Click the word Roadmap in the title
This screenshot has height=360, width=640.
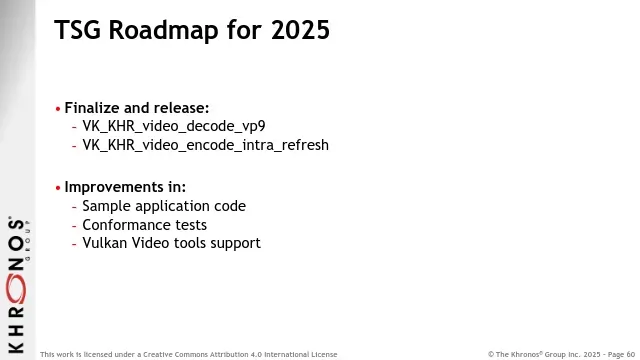[x=164, y=30]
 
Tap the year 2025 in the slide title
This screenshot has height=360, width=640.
[x=300, y=30]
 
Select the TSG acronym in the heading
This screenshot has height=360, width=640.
[x=78, y=30]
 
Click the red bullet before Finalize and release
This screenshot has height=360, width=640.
[x=58, y=109]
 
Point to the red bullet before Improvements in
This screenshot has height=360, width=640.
[x=58, y=188]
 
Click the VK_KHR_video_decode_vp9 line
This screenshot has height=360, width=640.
[x=174, y=127]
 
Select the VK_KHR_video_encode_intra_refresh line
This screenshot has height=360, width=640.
[x=206, y=145]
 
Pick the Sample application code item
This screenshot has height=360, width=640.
[x=164, y=207]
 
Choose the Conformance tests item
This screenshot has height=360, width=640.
[x=144, y=225]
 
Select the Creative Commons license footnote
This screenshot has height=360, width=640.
[x=189, y=354]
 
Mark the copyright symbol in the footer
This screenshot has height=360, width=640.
[x=491, y=354]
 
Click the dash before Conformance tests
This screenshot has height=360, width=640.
[x=74, y=226]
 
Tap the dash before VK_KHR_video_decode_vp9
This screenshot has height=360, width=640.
[x=74, y=127]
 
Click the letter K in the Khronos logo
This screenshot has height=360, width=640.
[x=16, y=347]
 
